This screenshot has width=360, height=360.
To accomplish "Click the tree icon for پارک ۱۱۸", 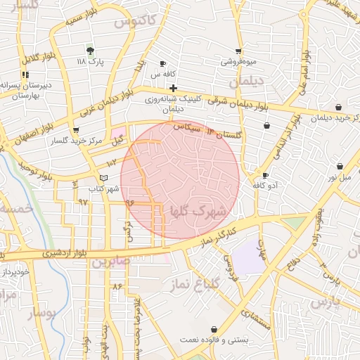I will tap(89, 51).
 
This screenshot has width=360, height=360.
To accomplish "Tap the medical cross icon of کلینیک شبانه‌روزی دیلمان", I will tap(173, 88).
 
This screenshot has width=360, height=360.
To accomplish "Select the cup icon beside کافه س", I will tap(163, 63).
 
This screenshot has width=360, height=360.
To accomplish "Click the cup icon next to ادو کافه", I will tap(265, 175).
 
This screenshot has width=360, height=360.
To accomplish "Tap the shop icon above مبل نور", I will tap(340, 167).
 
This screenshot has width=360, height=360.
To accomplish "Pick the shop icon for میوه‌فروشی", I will tap(238, 51).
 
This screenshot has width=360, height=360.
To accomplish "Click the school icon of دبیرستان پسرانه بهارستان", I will tap(25, 74).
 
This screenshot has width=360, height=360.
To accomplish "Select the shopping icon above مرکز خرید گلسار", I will tap(76, 129).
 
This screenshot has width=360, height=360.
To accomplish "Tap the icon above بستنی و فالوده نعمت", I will tap(214, 329).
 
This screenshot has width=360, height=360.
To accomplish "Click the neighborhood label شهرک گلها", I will tap(199, 211).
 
